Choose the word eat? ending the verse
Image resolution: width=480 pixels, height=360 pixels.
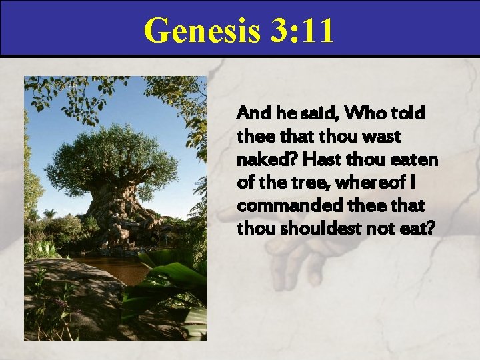pos(418,229)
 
